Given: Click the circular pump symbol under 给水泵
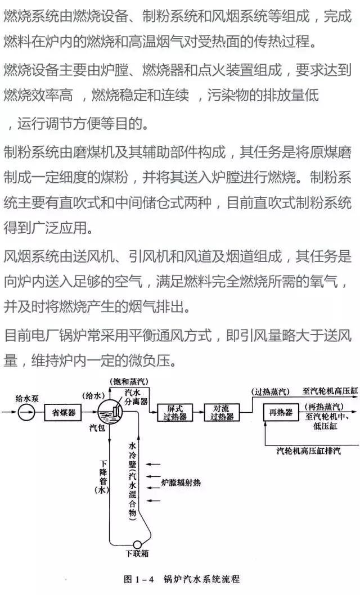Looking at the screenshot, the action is [26, 413].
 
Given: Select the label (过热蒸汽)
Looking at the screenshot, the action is [271, 391].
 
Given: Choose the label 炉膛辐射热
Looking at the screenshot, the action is [184, 483].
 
